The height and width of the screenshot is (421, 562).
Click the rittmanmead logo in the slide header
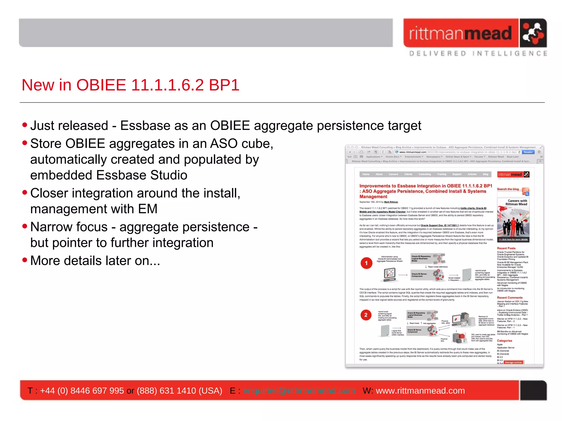[475, 33]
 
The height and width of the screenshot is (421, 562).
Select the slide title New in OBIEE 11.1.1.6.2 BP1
[130, 85]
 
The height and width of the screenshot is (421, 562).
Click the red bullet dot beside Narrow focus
[25, 226]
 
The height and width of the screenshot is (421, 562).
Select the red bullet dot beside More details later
[25, 260]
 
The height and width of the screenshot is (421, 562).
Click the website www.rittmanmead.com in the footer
[420, 391]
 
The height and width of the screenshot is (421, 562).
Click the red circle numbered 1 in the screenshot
[366, 263]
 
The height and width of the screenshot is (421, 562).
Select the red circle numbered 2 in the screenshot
[366, 315]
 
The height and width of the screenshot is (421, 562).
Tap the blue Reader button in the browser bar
[528, 152]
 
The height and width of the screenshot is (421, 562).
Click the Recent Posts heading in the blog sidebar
[506, 248]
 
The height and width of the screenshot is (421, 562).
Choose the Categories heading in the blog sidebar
[504, 341]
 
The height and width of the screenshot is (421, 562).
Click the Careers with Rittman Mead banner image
[513, 221]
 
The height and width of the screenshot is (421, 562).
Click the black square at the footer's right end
[533, 390]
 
